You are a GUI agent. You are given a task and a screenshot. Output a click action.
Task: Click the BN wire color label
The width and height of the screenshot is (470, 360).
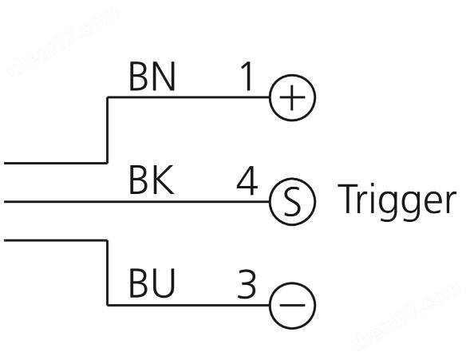[x=152, y=77]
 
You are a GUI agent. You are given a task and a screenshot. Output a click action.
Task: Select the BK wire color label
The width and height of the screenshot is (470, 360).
[x=152, y=180]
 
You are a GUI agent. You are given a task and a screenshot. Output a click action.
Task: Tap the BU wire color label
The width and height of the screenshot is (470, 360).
[x=152, y=283]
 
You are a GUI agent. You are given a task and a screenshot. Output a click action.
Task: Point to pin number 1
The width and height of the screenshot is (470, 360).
[x=247, y=77]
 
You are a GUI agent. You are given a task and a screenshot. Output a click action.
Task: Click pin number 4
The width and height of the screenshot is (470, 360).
[x=247, y=180]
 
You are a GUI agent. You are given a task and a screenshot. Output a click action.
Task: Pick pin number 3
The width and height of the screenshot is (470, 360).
[x=247, y=284]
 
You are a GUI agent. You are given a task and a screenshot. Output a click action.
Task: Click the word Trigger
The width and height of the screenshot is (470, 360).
[x=397, y=202]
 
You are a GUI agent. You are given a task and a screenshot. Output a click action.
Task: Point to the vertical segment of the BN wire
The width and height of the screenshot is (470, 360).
[x=107, y=130]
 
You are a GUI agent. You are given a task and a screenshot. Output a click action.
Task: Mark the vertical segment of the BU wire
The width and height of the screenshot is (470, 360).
[x=107, y=273]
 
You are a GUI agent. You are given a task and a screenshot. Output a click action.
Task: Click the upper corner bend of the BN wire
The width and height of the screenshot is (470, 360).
[x=107, y=97]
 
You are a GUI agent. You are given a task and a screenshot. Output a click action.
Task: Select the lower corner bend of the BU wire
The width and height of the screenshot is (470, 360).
[x=107, y=305]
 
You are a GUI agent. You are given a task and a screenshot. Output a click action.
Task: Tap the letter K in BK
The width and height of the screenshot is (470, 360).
[x=164, y=180]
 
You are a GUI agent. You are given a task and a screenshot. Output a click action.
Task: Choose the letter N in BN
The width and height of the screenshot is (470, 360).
[x=164, y=77]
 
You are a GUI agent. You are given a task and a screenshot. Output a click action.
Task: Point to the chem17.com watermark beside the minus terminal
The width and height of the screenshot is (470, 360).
[x=406, y=317]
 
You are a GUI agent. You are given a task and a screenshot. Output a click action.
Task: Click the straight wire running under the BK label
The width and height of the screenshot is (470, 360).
[x=136, y=202]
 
